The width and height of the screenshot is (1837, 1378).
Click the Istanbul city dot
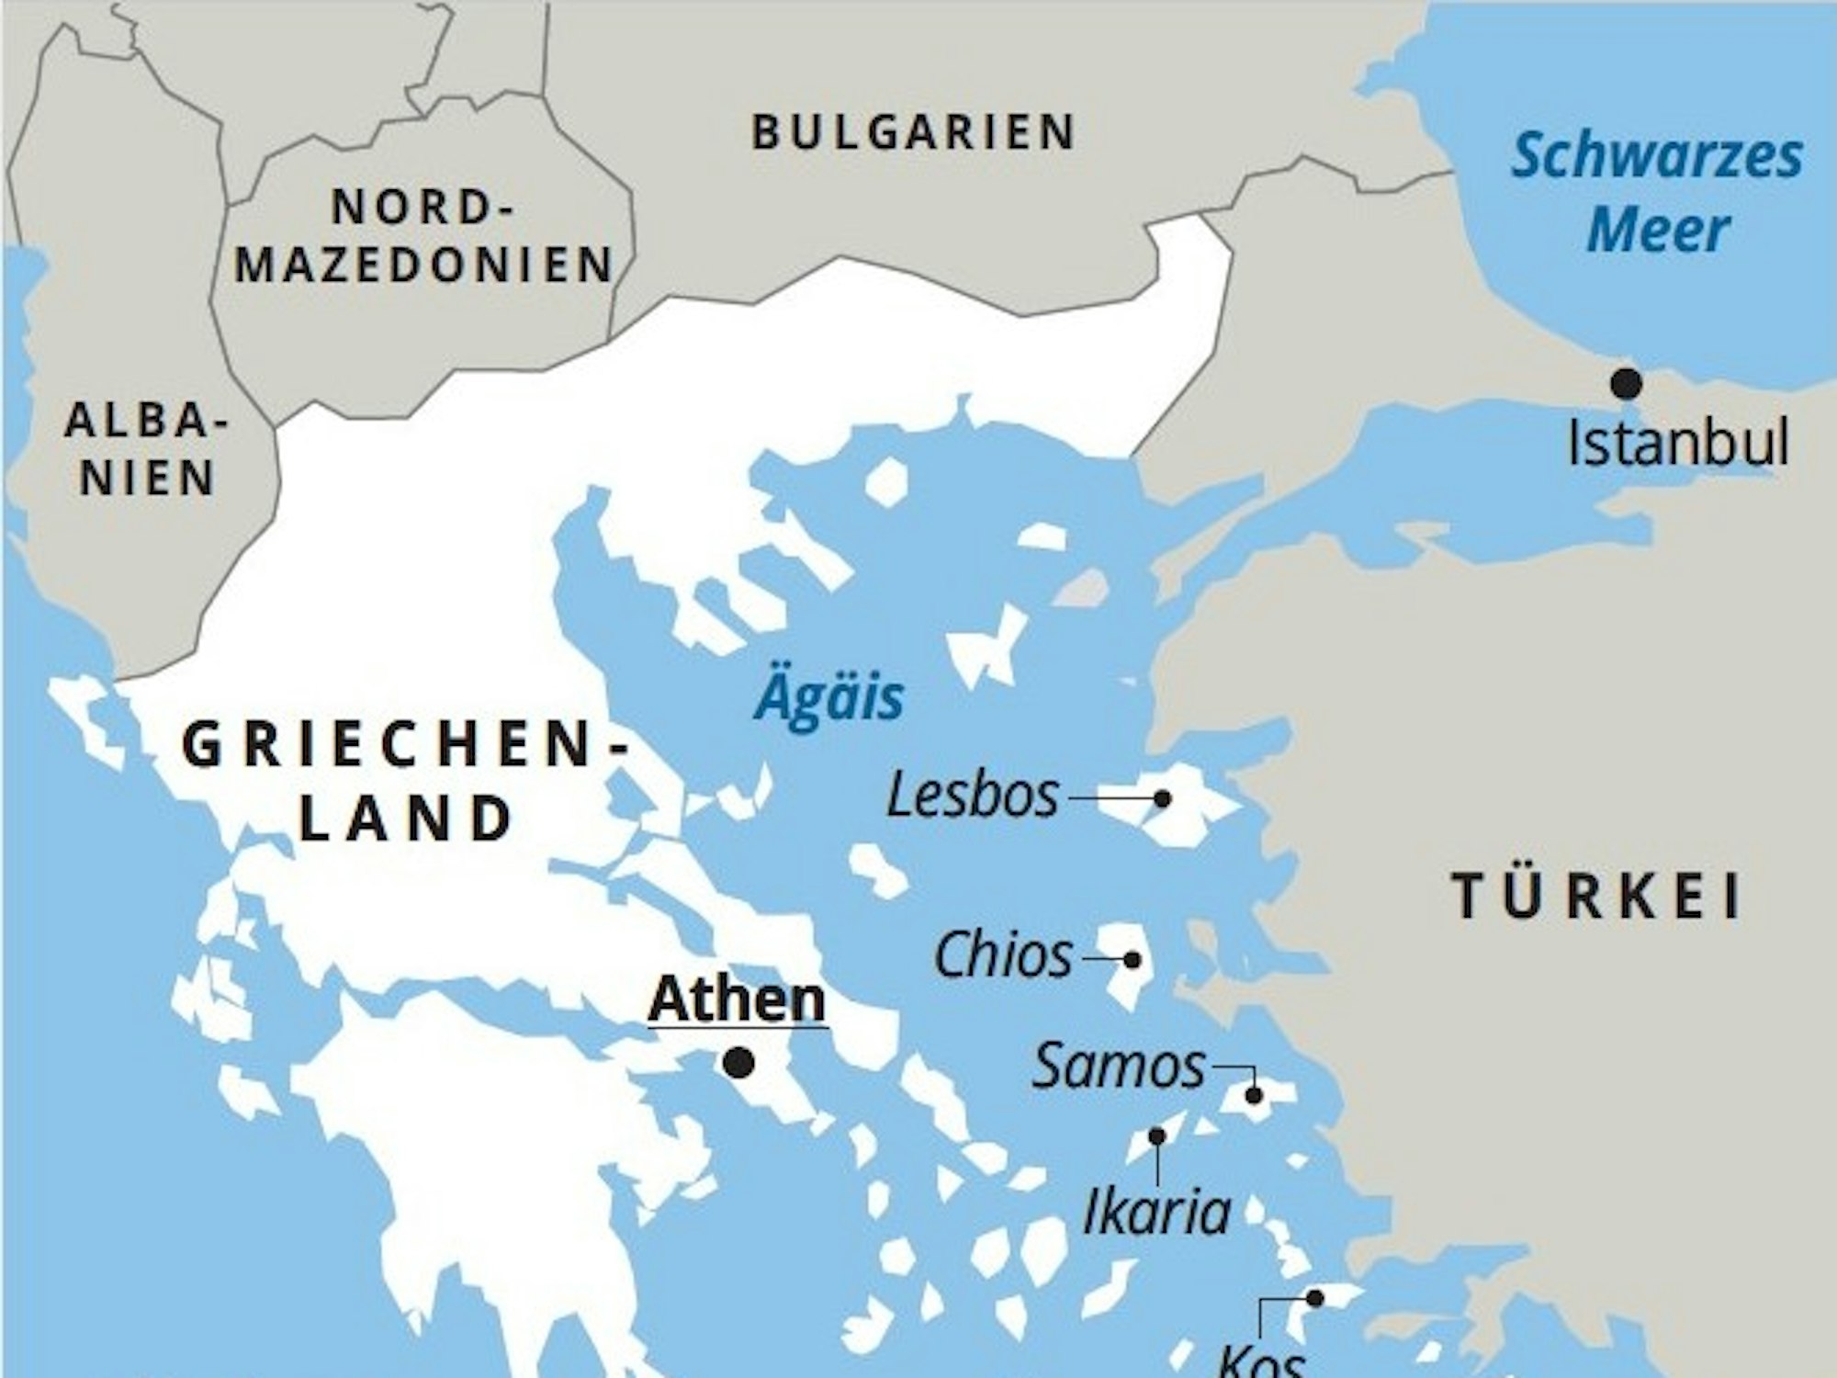pos(1627,384)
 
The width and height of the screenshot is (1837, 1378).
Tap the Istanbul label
pos(1677,443)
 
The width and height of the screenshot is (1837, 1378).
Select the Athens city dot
pos(738,1063)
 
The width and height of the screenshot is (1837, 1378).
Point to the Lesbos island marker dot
pos(1162,798)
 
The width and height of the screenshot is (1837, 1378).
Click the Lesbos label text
pos(972,796)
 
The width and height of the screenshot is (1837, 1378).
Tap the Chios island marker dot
pos(1133,960)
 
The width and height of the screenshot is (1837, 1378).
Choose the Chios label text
pos(1003,956)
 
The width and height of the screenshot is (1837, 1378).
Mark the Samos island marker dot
pos(1254,1095)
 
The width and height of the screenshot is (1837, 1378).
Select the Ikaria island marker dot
pos(1157,1136)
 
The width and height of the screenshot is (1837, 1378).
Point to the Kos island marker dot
pos(1314,1298)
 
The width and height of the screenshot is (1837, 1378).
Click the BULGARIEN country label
pos(913,132)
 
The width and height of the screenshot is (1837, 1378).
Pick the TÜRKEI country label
pos(1596,897)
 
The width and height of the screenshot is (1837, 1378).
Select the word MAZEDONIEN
pos(423,265)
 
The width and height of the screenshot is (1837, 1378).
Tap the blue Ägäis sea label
pos(828,697)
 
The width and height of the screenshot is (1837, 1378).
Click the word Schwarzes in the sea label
pos(1657,156)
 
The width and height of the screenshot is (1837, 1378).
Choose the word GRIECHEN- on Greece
pos(405,746)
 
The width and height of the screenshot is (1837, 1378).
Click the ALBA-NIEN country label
pos(146,450)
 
